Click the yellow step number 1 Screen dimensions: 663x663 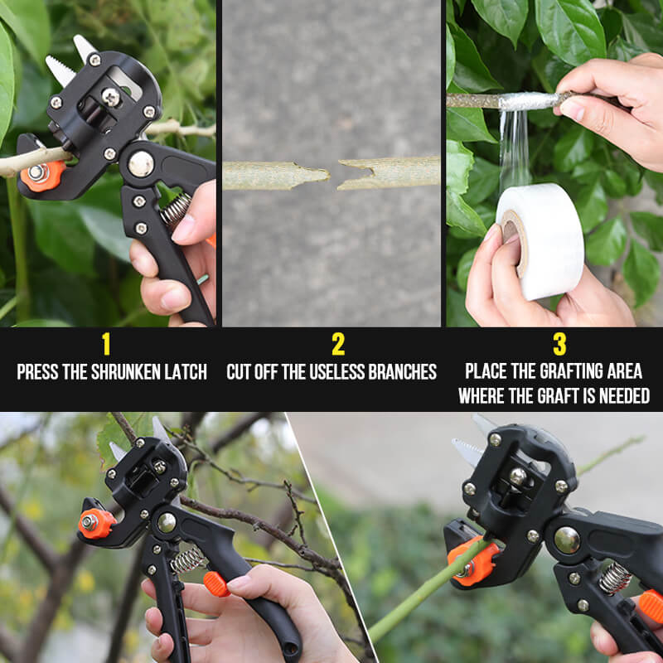[x=105, y=343]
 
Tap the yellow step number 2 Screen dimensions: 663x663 [x=337, y=343]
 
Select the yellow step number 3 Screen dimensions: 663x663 [x=559, y=343]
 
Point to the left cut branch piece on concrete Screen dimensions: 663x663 [x=274, y=175]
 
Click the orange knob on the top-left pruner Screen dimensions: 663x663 [x=42, y=175]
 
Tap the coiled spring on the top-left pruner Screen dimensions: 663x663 [x=175, y=210]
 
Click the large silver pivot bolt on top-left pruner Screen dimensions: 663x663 [x=141, y=163]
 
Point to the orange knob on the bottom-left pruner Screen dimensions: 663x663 [x=96, y=523]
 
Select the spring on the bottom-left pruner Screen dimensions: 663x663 [x=188, y=559]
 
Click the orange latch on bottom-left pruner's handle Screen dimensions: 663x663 [x=217, y=583]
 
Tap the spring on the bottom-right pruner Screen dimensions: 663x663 [x=614, y=578]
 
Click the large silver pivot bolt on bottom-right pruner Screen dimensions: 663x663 [x=567, y=540]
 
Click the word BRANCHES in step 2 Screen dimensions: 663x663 [x=403, y=372]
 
